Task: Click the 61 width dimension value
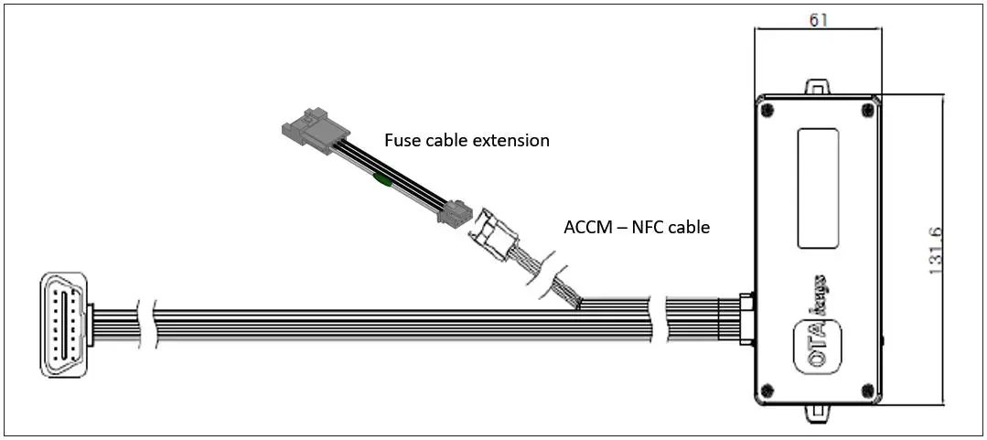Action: pyautogui.click(x=819, y=19)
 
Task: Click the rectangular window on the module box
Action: pyautogui.click(x=818, y=188)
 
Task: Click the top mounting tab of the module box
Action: pyautogui.click(x=818, y=87)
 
